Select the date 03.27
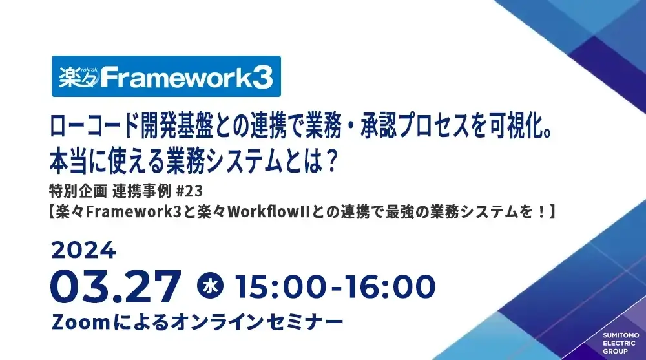pyautogui.click(x=115, y=285)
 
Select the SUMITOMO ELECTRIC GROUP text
pyautogui.click(x=621, y=343)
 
